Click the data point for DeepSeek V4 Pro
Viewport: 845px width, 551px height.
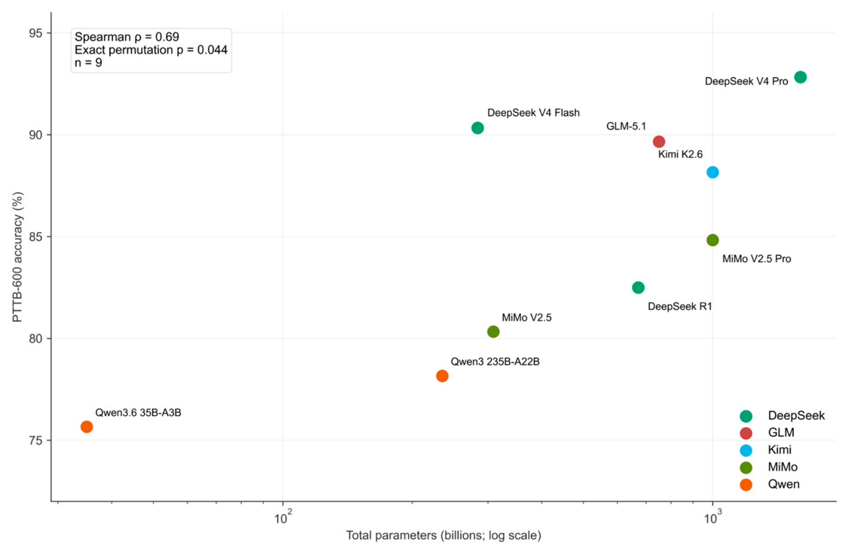pos(800,77)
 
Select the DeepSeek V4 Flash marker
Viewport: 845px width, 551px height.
pos(477,128)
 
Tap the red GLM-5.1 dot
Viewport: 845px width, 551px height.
pos(659,142)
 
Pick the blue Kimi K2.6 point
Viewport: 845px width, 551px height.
pos(712,172)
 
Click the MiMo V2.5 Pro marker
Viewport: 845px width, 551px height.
pos(712,240)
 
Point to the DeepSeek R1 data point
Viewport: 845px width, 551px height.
pos(638,288)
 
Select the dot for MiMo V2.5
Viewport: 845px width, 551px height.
pos(493,332)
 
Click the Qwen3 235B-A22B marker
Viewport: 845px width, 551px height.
pos(442,376)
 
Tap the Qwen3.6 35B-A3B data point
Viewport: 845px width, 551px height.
pos(86,427)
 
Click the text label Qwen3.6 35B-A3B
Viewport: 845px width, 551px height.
pos(138,412)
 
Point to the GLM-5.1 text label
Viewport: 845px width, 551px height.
pos(626,126)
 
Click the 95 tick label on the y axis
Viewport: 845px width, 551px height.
pos(35,33)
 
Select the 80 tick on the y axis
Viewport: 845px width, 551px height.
pos(35,338)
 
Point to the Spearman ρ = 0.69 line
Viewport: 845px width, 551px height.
pos(127,37)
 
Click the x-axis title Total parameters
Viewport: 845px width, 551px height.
pos(443,536)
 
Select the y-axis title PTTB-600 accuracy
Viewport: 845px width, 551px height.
pos(17,257)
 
